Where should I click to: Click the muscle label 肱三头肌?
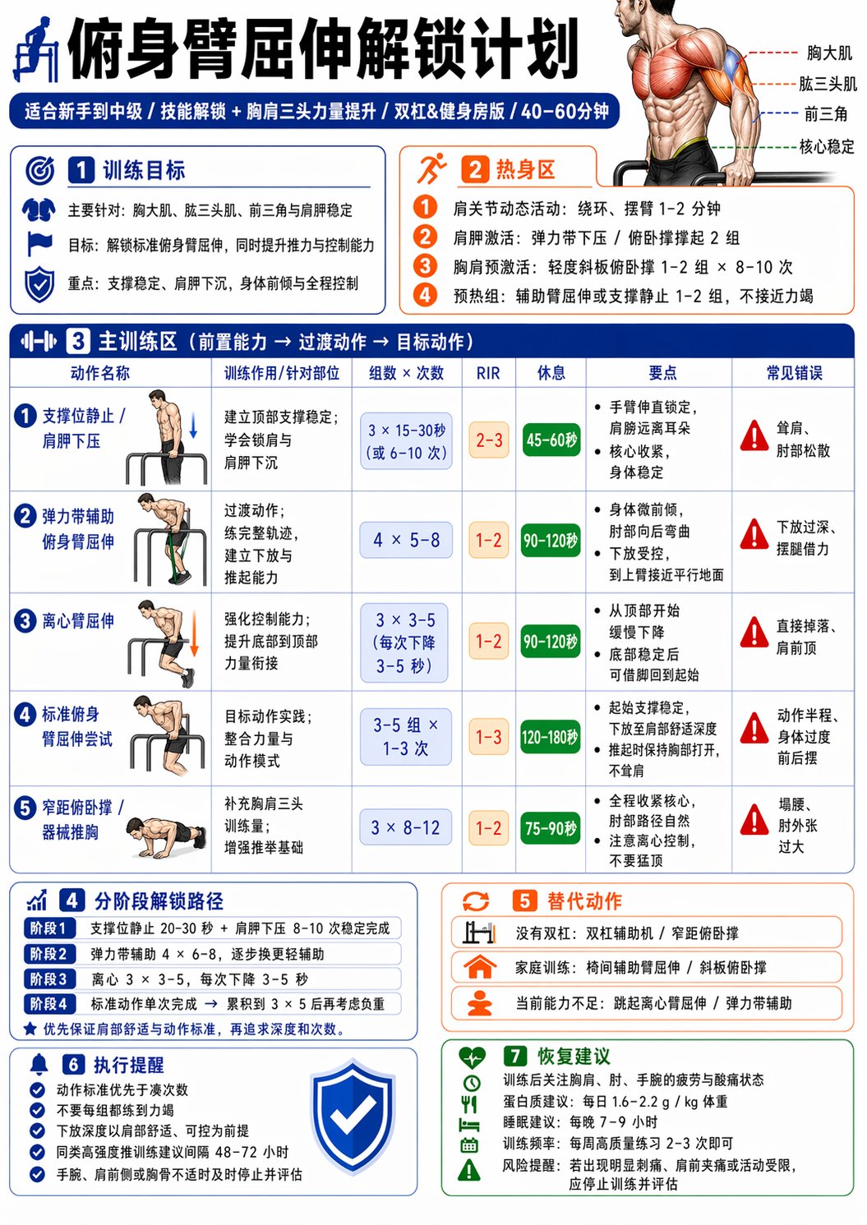point(828,84)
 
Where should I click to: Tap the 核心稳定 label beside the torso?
point(827,146)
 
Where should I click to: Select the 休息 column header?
point(551,373)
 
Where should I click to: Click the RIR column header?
point(488,373)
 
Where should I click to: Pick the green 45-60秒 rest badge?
point(551,440)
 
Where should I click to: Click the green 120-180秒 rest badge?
point(551,737)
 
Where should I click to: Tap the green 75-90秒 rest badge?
point(551,828)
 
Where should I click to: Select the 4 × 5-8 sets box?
point(406,541)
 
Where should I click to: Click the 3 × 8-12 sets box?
point(406,827)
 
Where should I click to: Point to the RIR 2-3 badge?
point(488,440)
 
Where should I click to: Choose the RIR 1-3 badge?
point(488,737)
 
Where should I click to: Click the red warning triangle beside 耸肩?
point(754,436)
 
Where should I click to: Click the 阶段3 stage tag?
point(48,979)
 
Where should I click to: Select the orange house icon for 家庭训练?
point(480,967)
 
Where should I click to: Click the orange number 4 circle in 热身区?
point(425,295)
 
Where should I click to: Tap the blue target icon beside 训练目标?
point(40,170)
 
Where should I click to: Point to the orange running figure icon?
point(431,168)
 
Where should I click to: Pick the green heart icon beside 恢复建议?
point(472,1057)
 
